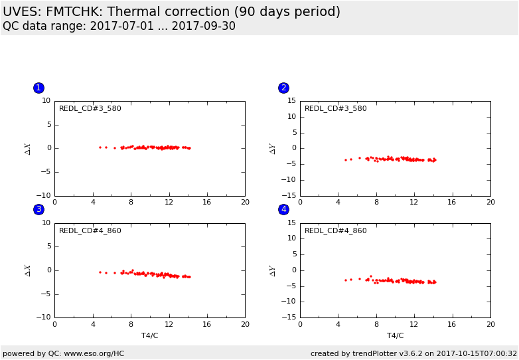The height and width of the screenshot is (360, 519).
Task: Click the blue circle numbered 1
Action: point(38,88)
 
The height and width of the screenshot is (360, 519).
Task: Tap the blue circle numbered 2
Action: point(283,88)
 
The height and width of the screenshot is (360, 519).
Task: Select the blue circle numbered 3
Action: point(38,209)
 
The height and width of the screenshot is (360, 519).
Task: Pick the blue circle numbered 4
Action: point(283,209)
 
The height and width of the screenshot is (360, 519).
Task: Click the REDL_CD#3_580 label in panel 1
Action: point(90,108)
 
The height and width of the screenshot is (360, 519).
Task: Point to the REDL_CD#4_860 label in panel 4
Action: point(335,230)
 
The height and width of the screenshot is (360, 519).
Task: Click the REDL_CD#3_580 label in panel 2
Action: point(335,108)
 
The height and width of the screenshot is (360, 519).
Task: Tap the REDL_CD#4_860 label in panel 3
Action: point(90,230)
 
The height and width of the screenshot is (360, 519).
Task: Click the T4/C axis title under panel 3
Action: point(149,335)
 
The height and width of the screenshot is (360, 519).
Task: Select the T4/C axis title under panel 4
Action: point(395,335)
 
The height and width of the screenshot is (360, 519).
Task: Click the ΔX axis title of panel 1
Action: point(28,148)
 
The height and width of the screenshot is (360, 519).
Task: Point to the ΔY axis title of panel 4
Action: point(273,270)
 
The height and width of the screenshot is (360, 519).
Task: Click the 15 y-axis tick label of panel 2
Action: point(291,101)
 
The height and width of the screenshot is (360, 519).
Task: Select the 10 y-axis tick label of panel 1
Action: point(46,101)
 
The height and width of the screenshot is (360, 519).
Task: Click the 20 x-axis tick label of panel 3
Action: point(245,324)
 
